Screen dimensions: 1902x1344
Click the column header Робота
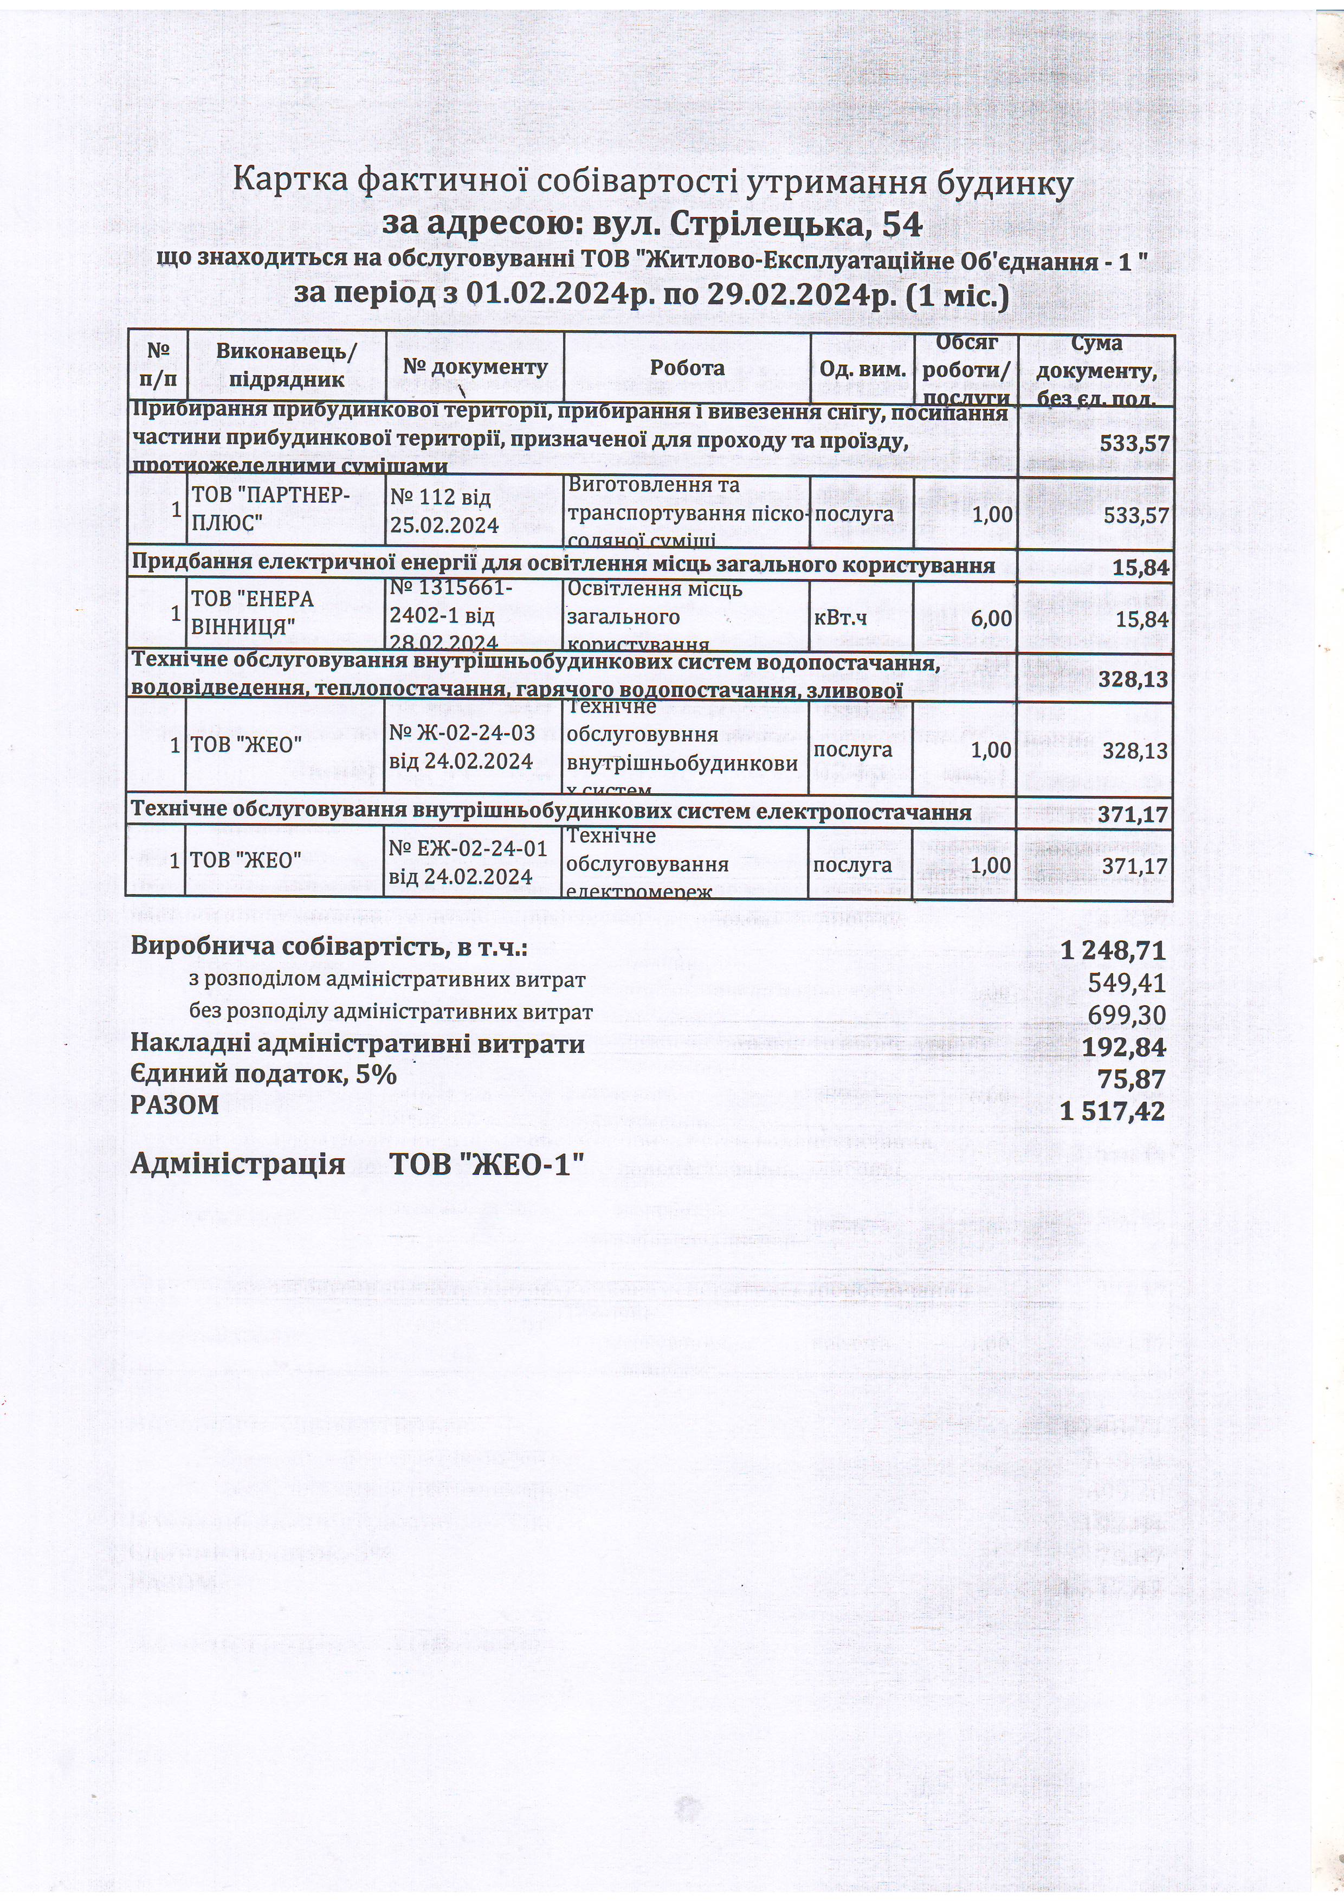tap(687, 368)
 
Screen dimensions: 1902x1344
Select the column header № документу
tap(475, 367)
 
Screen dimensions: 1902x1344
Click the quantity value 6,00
tap(991, 618)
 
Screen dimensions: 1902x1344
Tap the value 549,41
tap(1127, 984)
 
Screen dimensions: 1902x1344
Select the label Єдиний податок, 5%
tap(264, 1075)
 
